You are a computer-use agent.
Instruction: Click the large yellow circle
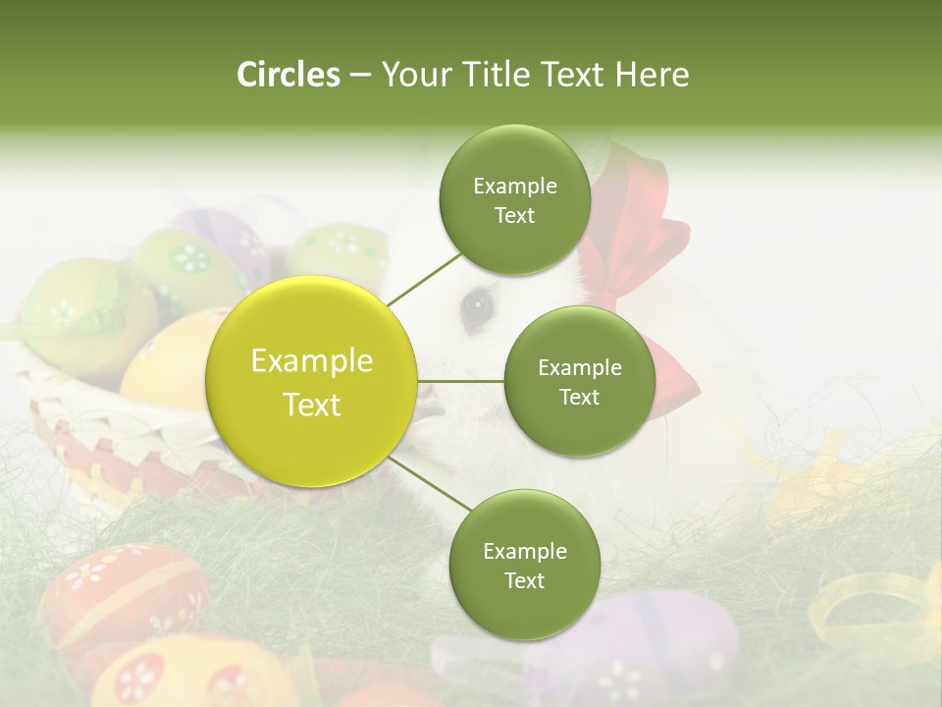pos(312,381)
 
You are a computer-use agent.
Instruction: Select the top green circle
pos(515,199)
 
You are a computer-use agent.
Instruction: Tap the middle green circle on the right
pos(579,381)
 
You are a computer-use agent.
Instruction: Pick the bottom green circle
pos(524,565)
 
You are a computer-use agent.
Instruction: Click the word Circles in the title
pos(288,75)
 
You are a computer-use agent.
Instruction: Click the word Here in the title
pos(652,75)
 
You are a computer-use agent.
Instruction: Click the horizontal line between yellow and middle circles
pos(460,381)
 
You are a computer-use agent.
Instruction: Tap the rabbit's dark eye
pos(477,307)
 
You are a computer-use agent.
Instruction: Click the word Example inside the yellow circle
pos(312,361)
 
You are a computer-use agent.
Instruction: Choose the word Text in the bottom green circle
pos(524,580)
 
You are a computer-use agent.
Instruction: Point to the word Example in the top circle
pos(515,186)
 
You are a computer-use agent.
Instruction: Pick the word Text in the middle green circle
pos(579,397)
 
